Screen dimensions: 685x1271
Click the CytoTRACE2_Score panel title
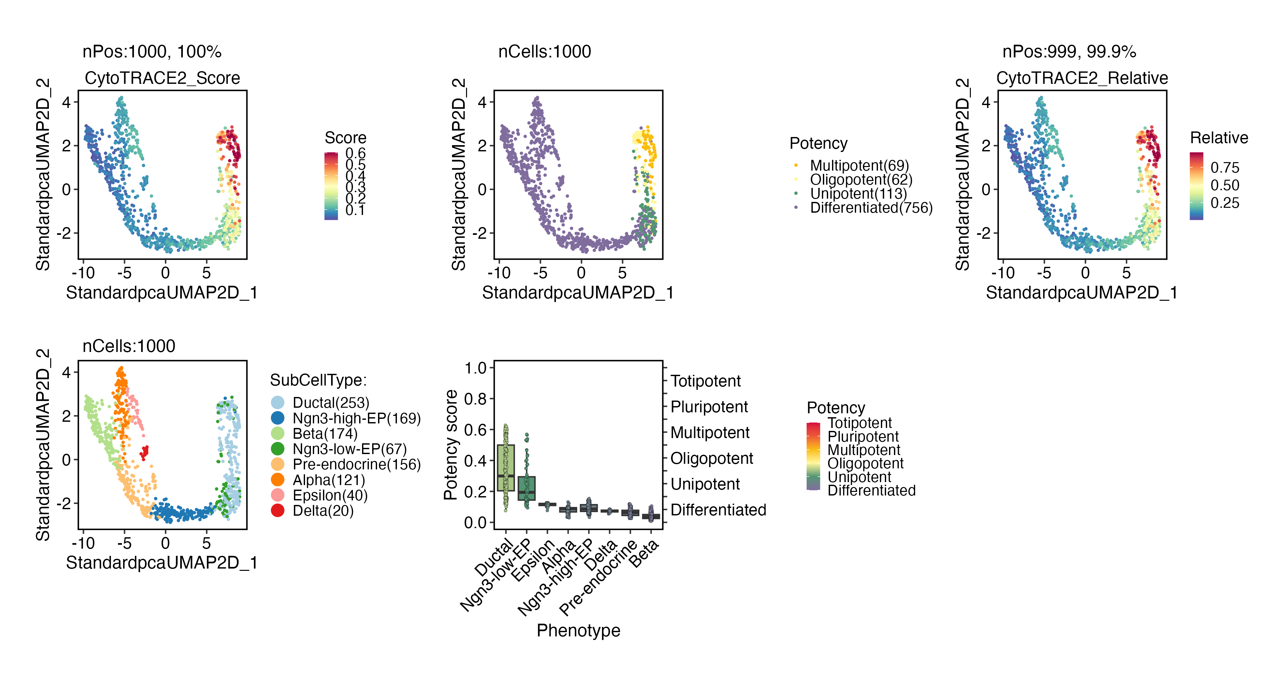coord(162,78)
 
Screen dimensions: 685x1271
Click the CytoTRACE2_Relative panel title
coord(1082,78)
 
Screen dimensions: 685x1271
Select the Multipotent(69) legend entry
coord(858,165)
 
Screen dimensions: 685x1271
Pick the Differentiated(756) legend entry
coord(871,208)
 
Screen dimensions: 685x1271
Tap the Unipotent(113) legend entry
coord(858,194)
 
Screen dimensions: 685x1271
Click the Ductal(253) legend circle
coord(278,403)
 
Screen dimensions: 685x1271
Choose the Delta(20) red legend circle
coord(278,511)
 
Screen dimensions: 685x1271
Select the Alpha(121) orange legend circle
coord(278,479)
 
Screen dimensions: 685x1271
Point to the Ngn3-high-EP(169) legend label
coord(356,418)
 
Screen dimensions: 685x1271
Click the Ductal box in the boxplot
coord(506,468)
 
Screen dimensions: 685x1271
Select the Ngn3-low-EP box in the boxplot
coord(526,488)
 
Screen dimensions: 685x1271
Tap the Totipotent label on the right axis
coord(706,381)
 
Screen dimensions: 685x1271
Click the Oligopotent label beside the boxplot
coord(711,458)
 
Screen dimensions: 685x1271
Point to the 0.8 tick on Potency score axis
coord(475,399)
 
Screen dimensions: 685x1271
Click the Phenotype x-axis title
coord(578,631)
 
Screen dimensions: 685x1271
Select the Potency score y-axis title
coord(450,445)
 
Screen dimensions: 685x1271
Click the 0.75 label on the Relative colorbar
coord(1225,167)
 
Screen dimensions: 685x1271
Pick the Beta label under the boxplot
coord(644,553)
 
